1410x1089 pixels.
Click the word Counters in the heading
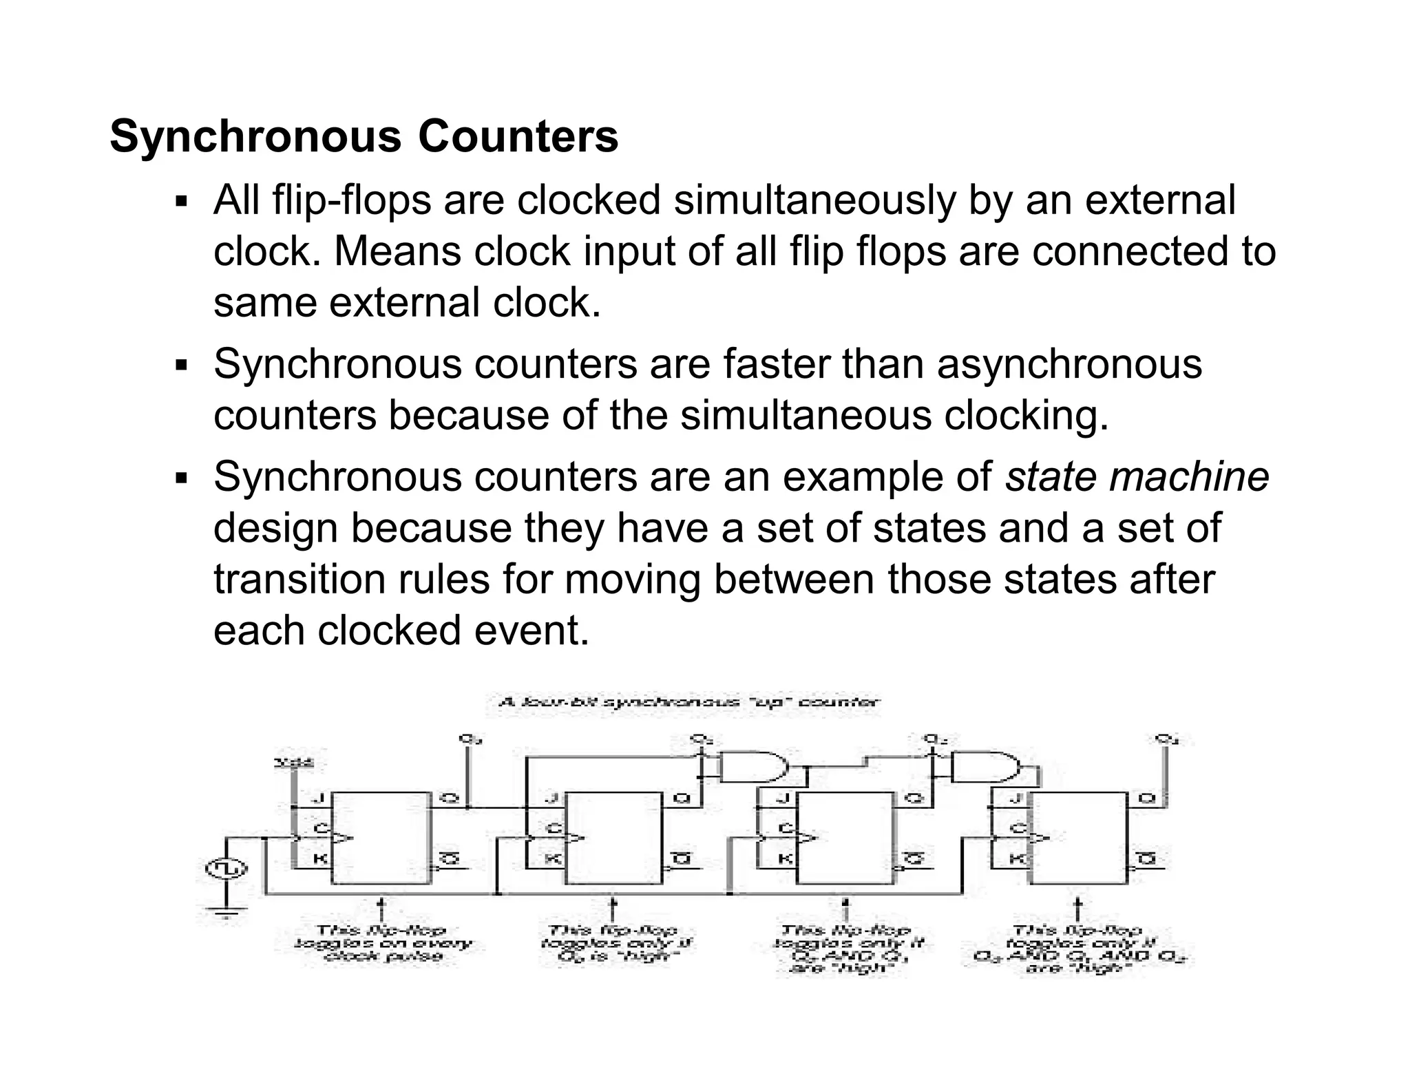point(518,136)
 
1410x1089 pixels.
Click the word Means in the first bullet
point(397,251)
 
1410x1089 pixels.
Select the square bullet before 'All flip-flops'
point(181,202)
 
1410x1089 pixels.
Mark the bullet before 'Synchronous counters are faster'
point(181,366)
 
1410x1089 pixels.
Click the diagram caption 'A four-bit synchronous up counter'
point(688,703)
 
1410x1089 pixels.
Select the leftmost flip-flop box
point(380,838)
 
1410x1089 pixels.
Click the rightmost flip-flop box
point(1078,838)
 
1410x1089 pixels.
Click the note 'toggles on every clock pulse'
point(383,943)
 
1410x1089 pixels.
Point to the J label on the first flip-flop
point(318,799)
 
